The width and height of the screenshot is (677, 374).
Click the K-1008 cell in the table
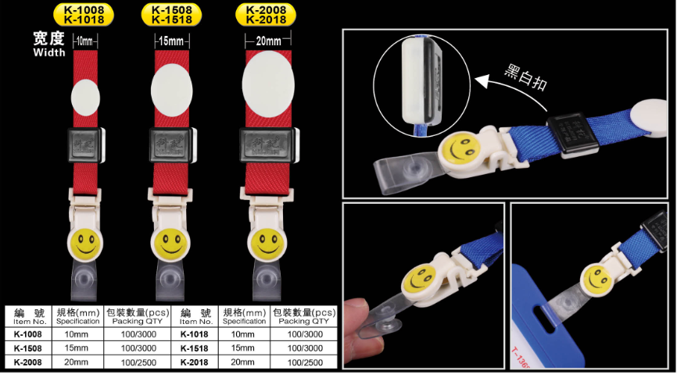tap(27, 334)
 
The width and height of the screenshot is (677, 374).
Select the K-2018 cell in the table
tap(194, 362)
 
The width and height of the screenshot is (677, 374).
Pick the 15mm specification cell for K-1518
tap(244, 348)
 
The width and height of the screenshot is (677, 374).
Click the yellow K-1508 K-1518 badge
tap(171, 14)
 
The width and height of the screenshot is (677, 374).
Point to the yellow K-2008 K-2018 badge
tap(267, 14)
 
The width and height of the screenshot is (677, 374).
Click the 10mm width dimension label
tap(85, 42)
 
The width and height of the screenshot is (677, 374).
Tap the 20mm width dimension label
tap(267, 41)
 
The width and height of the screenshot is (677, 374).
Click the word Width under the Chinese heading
tap(48, 52)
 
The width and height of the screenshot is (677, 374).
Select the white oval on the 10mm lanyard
tap(85, 98)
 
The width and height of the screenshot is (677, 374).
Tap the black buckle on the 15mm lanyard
tap(171, 145)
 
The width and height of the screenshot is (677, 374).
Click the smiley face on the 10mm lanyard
tap(84, 244)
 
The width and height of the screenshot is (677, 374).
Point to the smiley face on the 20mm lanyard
tap(267, 244)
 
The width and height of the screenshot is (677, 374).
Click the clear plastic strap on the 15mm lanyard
tap(170, 280)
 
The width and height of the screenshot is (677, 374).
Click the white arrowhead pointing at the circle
tap(481, 80)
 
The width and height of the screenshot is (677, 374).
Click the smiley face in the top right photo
tap(459, 148)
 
